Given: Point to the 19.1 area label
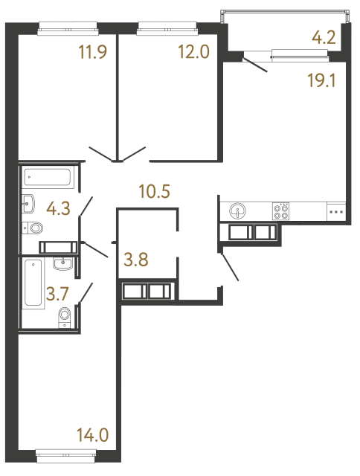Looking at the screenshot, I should tap(323, 80).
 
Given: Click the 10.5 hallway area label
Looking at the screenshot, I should tap(155, 191).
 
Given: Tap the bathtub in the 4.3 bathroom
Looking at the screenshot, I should tap(48, 178).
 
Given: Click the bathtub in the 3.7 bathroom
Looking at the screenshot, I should tap(33, 283).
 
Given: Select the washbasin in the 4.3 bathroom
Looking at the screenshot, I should tap(28, 202).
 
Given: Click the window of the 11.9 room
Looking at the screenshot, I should tap(68, 28).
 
